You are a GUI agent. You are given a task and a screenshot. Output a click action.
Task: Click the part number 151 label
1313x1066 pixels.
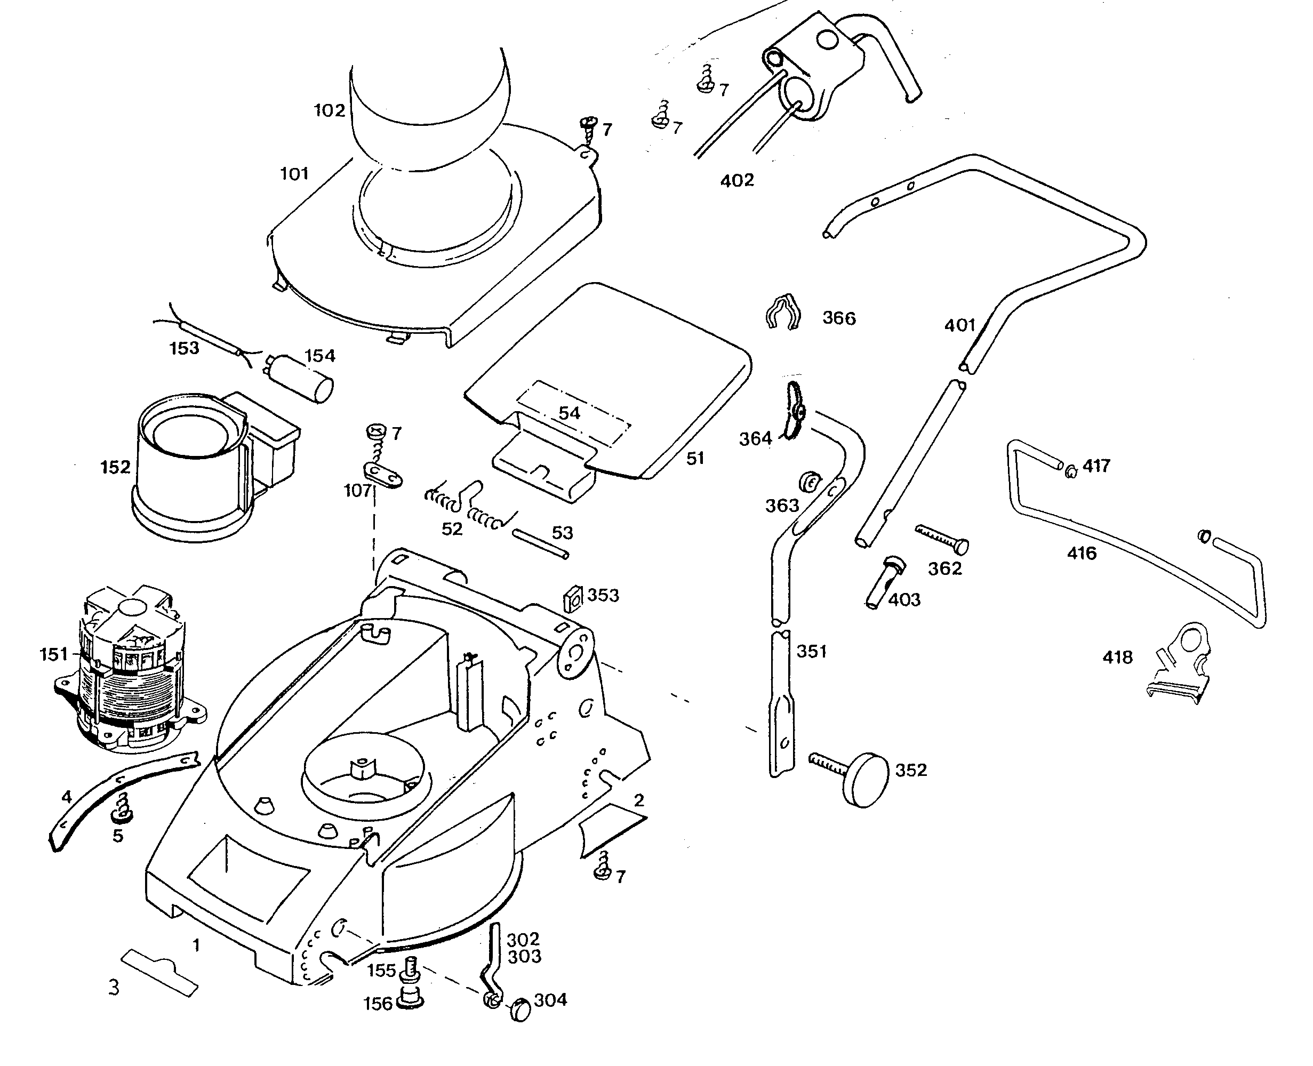(x=54, y=654)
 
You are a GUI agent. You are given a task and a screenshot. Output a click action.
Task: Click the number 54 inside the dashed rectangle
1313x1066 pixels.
(x=569, y=413)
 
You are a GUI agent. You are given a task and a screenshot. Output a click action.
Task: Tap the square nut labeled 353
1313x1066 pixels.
(x=573, y=597)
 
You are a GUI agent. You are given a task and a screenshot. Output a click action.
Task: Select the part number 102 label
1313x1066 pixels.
(x=329, y=110)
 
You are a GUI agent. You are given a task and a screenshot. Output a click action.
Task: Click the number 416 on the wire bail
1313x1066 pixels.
(x=1082, y=553)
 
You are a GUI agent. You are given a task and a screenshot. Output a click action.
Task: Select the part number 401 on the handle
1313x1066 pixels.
(x=960, y=325)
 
